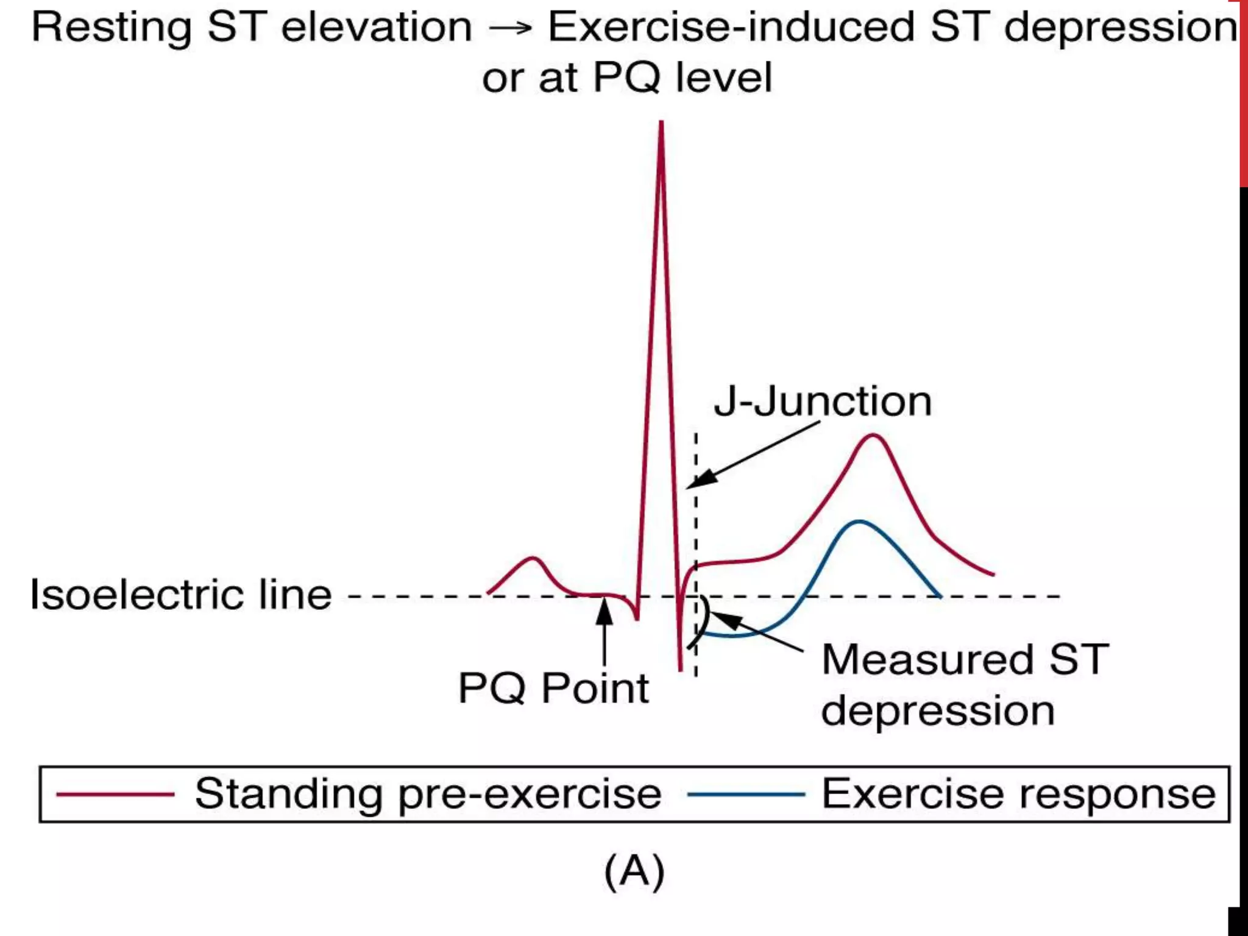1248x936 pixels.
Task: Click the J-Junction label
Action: pos(823,402)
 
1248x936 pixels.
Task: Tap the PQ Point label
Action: pos(553,689)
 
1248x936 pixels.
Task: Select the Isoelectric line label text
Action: pos(181,595)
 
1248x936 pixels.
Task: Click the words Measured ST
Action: pos(965,660)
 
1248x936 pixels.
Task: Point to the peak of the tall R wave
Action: pos(661,124)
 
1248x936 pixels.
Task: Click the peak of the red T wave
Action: pos(873,436)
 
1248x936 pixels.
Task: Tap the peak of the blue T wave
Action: pos(859,522)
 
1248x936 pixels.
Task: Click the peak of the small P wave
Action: pos(533,558)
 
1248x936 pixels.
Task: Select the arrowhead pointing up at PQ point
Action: pos(604,609)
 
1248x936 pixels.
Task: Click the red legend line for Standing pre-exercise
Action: pos(115,795)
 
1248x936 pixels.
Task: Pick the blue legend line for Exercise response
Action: pos(746,795)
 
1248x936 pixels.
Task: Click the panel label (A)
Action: pos(634,872)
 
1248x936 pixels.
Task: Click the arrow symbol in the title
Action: pos(510,28)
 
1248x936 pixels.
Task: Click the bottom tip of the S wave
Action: pos(680,670)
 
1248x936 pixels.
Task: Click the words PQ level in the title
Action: pos(682,79)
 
